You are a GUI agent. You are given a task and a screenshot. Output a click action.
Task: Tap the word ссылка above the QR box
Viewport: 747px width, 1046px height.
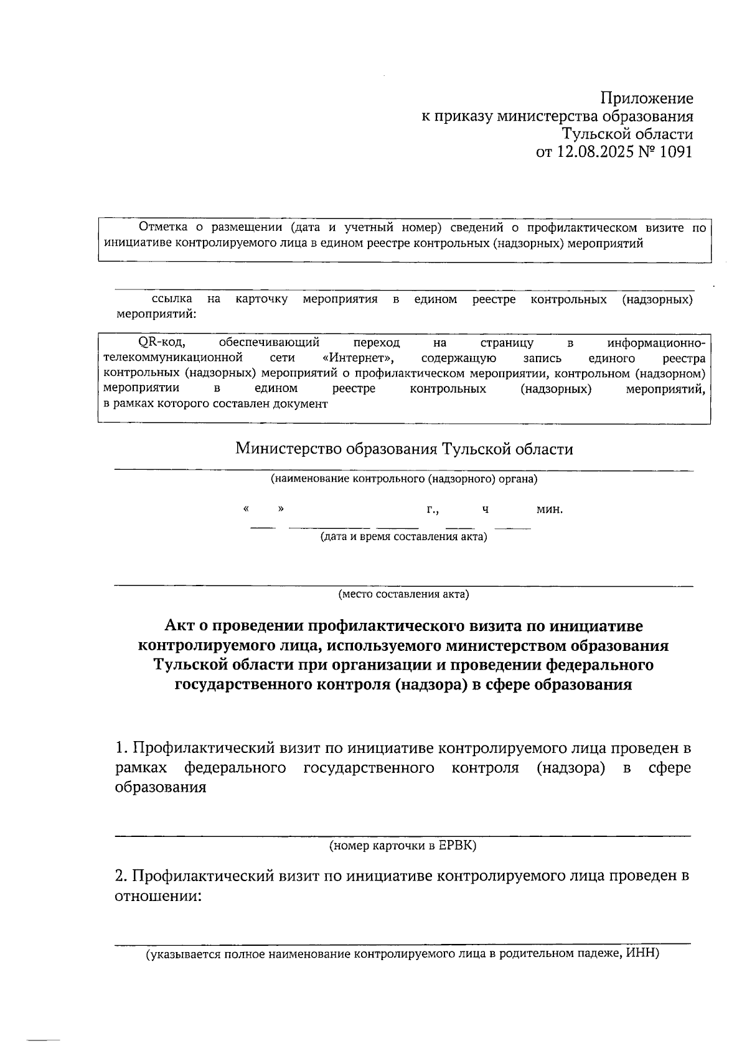click(172, 300)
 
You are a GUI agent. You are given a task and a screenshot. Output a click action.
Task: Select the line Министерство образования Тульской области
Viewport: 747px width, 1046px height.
click(403, 449)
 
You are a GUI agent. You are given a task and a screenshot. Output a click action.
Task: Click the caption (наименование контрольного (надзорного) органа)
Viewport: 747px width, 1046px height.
click(403, 479)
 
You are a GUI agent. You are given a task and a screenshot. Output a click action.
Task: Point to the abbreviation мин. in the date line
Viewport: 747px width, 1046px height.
click(549, 510)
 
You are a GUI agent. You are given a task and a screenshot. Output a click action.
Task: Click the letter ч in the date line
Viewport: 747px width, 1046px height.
click(485, 510)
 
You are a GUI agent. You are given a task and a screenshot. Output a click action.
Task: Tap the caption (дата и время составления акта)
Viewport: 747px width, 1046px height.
click(403, 536)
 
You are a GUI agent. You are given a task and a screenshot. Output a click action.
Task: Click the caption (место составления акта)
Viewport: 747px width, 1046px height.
click(403, 594)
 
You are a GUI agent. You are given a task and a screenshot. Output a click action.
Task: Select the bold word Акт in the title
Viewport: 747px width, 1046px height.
click(179, 625)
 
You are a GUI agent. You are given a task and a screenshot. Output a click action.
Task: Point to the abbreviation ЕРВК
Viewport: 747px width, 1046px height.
click(456, 846)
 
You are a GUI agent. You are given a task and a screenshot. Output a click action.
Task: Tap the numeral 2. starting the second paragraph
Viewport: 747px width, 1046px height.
click(121, 876)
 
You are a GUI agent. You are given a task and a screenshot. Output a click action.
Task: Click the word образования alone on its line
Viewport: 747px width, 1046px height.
click(161, 788)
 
